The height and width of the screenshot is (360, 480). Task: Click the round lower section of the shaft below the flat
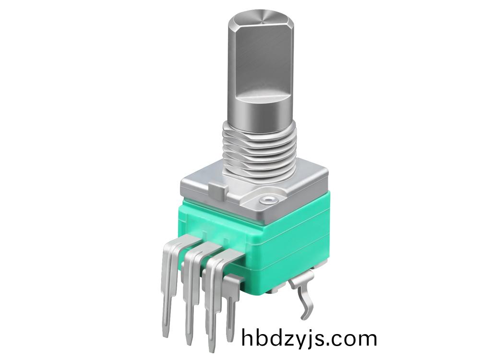259,110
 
